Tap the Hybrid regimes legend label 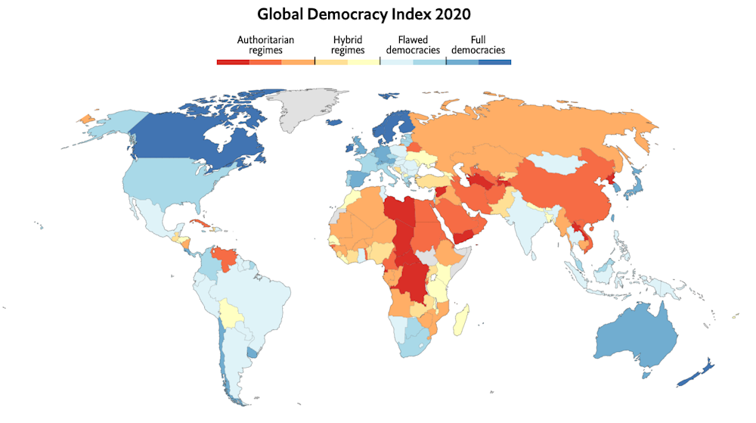pyautogui.click(x=349, y=45)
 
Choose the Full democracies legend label pyautogui.click(x=479, y=45)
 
